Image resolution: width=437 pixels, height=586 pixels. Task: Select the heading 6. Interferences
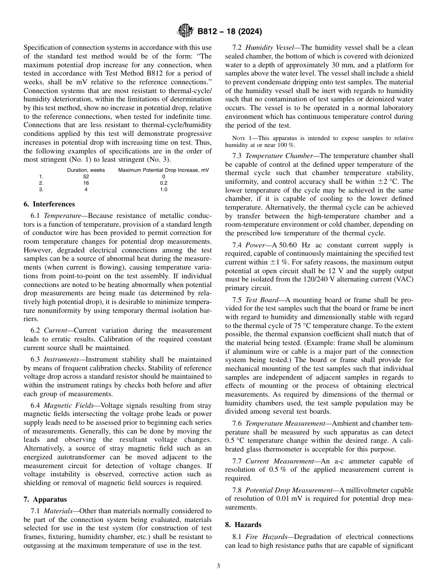[49, 204]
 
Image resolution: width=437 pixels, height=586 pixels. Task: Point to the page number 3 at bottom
[218, 566]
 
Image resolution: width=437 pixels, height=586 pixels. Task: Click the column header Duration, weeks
[86, 170]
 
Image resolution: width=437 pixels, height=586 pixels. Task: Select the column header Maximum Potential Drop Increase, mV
[163, 170]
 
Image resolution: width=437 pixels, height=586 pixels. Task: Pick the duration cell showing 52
[86, 176]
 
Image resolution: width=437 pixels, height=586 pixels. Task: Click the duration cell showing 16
[86, 183]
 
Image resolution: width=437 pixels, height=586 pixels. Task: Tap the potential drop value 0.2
[163, 183]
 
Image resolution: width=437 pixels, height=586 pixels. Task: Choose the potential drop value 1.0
[163, 189]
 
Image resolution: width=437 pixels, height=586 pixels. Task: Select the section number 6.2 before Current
[36, 330]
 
